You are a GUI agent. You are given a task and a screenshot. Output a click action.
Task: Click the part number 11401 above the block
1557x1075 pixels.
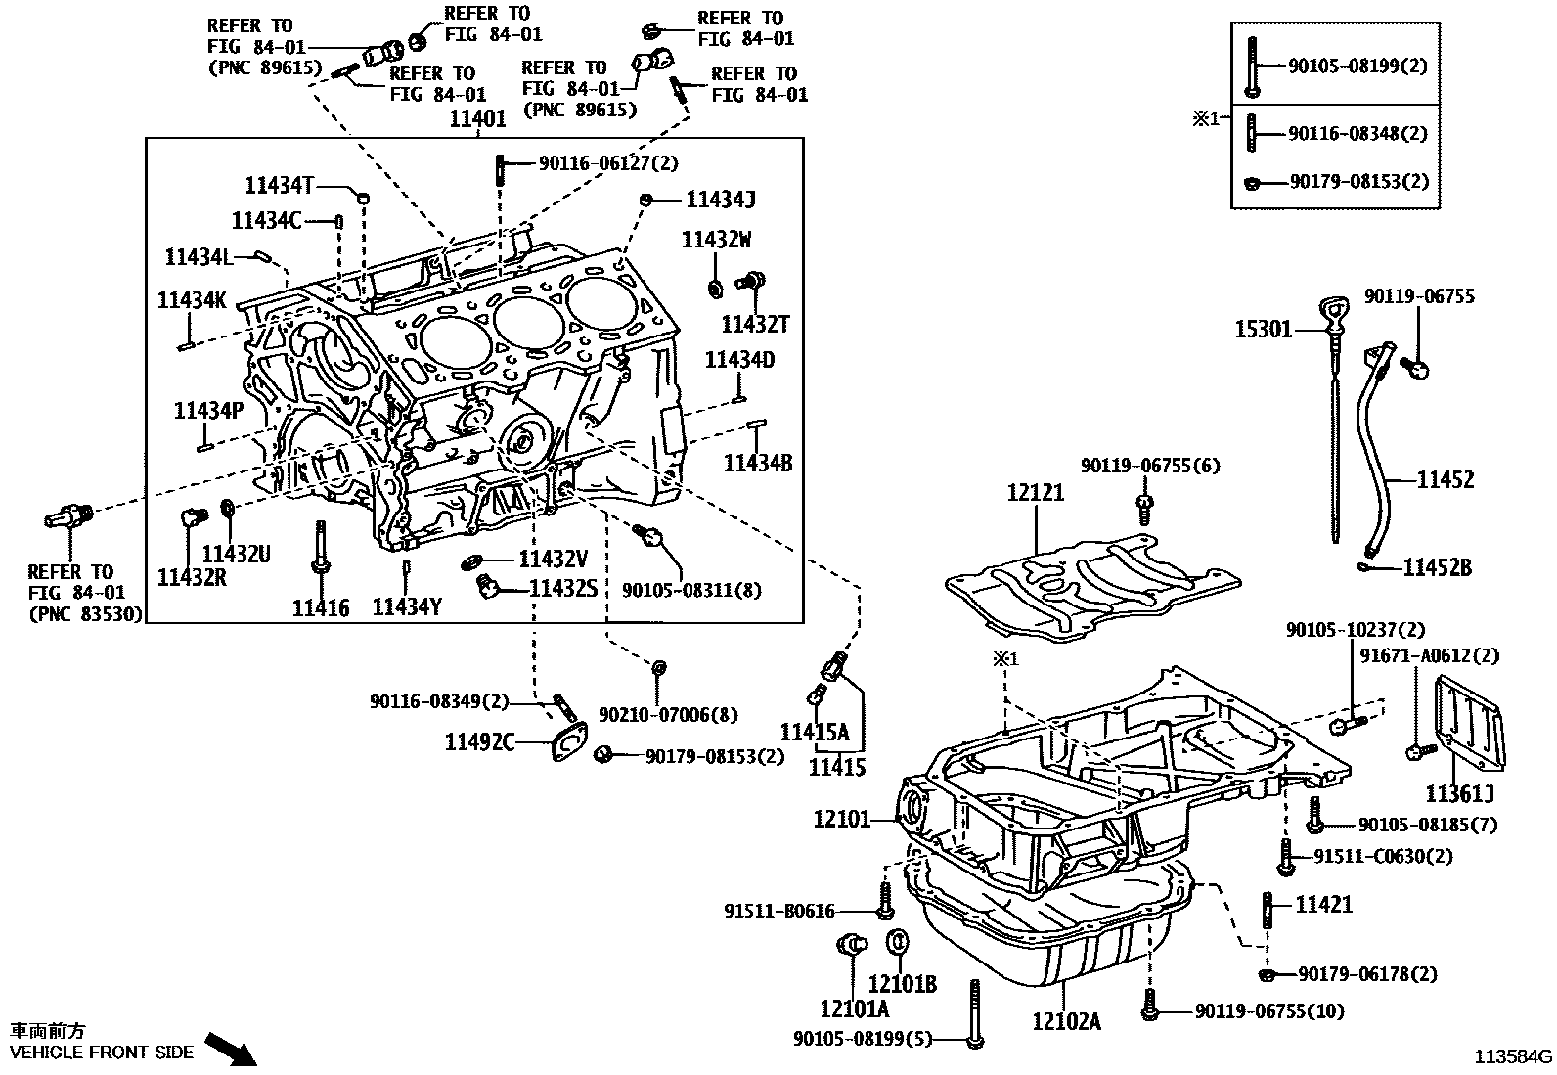pos(477,119)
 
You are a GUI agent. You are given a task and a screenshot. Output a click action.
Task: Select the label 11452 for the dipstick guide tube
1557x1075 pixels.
pos(1445,479)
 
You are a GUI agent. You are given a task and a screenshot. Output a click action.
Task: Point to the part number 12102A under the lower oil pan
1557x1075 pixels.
pos(1066,1022)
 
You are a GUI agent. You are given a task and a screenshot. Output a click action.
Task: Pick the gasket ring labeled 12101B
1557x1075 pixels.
pos(898,945)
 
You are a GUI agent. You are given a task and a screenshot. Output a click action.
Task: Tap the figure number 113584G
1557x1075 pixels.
pos(1513,1056)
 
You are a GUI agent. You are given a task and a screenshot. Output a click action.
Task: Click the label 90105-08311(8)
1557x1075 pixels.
pos(691,590)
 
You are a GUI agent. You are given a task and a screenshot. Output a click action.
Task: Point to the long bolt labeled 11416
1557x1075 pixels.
pos(321,548)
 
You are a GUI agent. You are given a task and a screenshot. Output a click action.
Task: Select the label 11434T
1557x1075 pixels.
pos(279,185)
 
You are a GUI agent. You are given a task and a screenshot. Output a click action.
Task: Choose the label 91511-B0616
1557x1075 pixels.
pos(779,911)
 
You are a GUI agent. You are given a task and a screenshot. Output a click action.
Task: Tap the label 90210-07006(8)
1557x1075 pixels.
pos(668,715)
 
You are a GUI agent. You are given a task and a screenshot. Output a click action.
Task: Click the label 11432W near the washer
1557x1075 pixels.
pos(716,240)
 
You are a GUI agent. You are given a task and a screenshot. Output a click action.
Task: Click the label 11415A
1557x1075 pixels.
pos(814,732)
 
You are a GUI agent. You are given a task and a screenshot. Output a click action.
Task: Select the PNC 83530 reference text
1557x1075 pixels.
pos(85,614)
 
